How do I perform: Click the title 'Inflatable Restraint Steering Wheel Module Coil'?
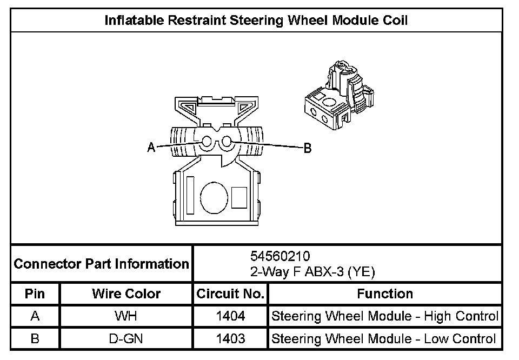pyautogui.click(x=256, y=21)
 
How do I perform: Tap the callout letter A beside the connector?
pyautogui.click(x=151, y=147)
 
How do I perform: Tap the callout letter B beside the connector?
pyautogui.click(x=307, y=148)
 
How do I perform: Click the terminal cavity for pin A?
pyautogui.click(x=207, y=142)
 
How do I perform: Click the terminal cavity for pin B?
pyautogui.click(x=226, y=142)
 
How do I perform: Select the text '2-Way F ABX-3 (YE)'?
pyautogui.click(x=312, y=272)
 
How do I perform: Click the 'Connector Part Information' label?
pyautogui.click(x=102, y=264)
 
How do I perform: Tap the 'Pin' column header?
pyautogui.click(x=35, y=294)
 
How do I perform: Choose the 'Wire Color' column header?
pyautogui.click(x=126, y=294)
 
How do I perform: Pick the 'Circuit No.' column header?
pyautogui.click(x=230, y=294)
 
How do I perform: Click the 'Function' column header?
pyautogui.click(x=385, y=294)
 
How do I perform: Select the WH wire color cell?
pyautogui.click(x=126, y=316)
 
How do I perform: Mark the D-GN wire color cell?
pyautogui.click(x=126, y=339)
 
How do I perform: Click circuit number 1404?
pyautogui.click(x=230, y=316)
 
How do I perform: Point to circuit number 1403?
pyautogui.click(x=230, y=339)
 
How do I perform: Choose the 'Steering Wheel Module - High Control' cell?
pyautogui.click(x=385, y=316)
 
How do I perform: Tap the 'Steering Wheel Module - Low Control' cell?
pyautogui.click(x=384, y=339)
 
